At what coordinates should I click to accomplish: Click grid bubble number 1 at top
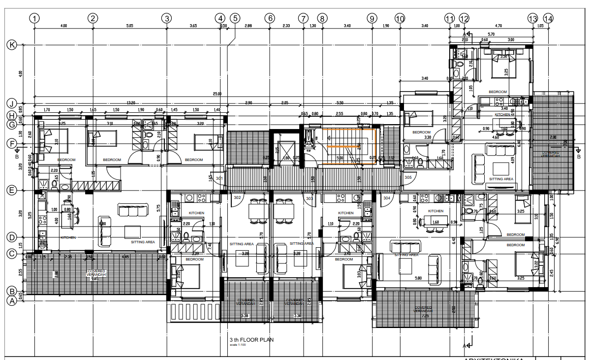click(x=34, y=18)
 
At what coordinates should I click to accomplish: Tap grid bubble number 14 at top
click(x=548, y=18)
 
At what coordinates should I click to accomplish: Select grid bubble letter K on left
click(x=11, y=45)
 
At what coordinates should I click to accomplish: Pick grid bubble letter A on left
click(x=11, y=300)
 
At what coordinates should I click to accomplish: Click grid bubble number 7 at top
click(x=303, y=18)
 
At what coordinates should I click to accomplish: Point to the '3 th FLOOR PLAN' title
click(x=251, y=340)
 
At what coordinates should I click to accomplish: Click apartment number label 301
click(x=219, y=178)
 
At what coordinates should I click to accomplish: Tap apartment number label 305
click(x=408, y=177)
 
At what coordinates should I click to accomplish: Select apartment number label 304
click(x=386, y=197)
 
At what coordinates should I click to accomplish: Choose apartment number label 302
click(x=237, y=197)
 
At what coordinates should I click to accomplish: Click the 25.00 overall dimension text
click(x=217, y=94)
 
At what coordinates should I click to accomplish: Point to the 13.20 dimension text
click(x=131, y=103)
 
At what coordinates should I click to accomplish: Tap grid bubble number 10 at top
click(x=400, y=18)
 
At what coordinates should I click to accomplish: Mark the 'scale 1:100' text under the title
click(x=237, y=345)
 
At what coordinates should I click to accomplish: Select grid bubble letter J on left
click(x=11, y=103)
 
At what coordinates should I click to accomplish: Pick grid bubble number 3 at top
click(x=167, y=18)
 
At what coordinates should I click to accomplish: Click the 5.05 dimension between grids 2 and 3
click(x=129, y=25)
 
